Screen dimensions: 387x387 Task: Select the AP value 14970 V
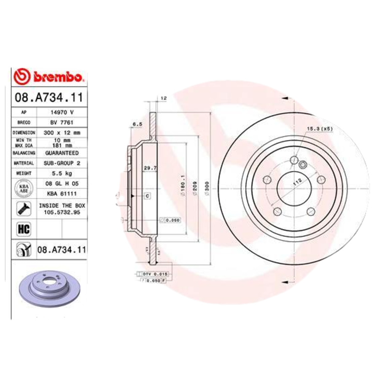pos(61,112)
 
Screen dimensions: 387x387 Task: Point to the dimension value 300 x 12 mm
pos(61,133)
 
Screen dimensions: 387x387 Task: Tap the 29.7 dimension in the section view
pos(149,168)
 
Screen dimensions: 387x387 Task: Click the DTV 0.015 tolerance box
pos(153,274)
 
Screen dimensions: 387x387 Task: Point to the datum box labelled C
pos(147,196)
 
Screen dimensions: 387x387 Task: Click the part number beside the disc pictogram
pos(61,250)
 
